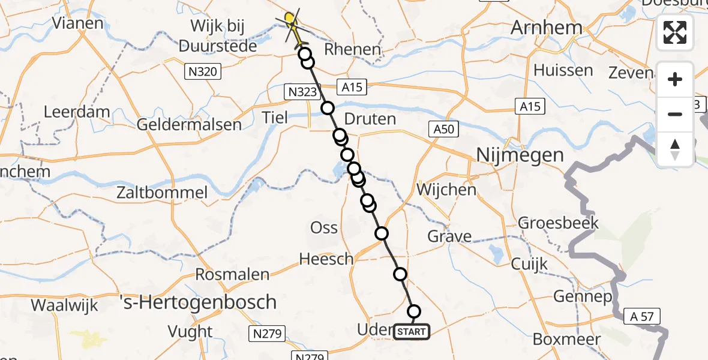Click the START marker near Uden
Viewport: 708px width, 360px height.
pyautogui.click(x=412, y=332)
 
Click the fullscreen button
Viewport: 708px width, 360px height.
pyautogui.click(x=675, y=32)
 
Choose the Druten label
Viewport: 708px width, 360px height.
pyautogui.click(x=371, y=119)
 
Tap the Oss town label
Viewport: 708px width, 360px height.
pyautogui.click(x=323, y=228)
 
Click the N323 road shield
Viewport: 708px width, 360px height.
pyautogui.click(x=301, y=91)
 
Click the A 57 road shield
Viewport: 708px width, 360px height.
pyautogui.click(x=644, y=316)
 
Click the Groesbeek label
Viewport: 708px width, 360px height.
pyautogui.click(x=558, y=223)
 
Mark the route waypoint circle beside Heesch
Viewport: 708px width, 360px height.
pyautogui.click(x=381, y=233)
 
